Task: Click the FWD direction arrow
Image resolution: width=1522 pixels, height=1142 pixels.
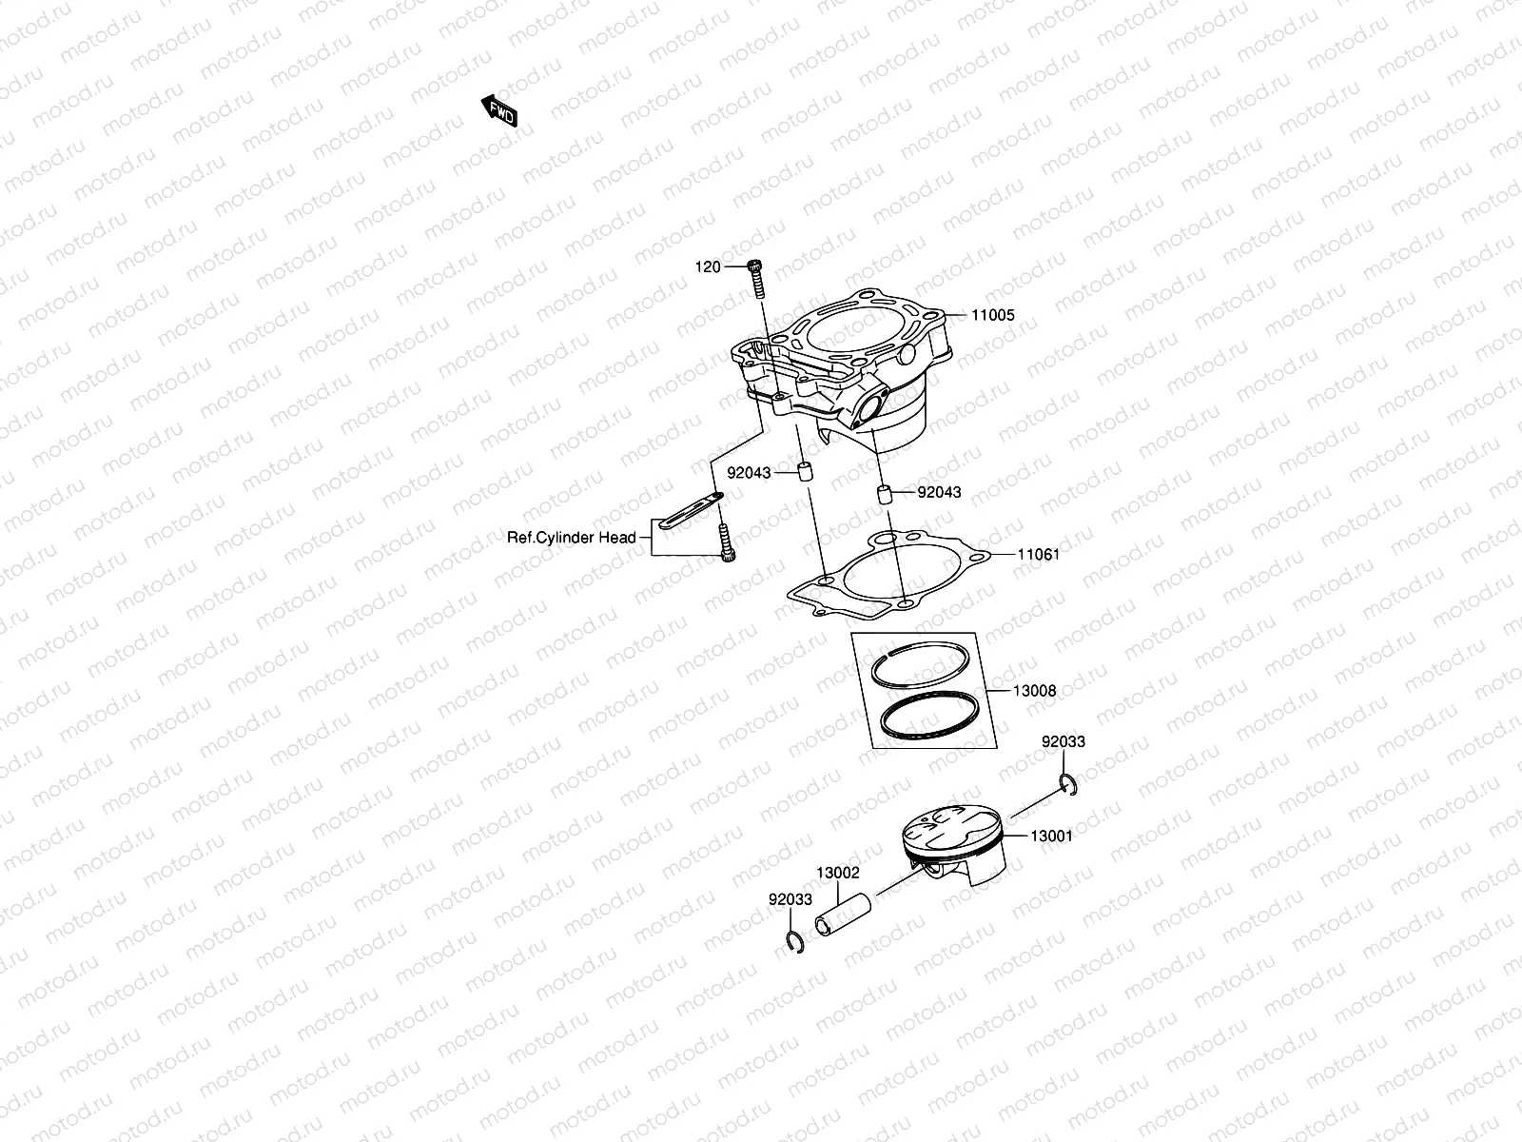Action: click(498, 111)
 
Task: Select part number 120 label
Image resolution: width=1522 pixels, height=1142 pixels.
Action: click(708, 267)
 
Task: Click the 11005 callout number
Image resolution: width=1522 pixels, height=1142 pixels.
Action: click(992, 315)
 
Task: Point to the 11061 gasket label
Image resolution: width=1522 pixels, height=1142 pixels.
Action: click(1038, 554)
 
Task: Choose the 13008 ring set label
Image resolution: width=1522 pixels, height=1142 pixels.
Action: click(1034, 691)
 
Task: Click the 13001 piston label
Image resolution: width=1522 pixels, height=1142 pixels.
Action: click(1051, 837)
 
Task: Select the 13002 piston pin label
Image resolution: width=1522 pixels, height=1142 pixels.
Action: click(838, 872)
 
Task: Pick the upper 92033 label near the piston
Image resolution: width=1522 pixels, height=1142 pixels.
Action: click(1063, 741)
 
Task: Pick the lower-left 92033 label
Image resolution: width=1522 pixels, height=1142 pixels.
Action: click(790, 898)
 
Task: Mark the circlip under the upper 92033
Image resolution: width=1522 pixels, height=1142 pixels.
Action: click(1068, 784)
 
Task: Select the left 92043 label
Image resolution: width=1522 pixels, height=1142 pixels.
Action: click(750, 472)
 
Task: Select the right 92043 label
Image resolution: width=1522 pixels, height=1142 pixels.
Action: click(939, 492)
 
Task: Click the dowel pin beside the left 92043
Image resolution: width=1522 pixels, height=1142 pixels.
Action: click(804, 472)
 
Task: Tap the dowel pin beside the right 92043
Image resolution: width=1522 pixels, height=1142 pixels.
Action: click(883, 495)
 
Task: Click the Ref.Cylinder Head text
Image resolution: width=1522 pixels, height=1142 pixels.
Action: click(571, 538)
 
